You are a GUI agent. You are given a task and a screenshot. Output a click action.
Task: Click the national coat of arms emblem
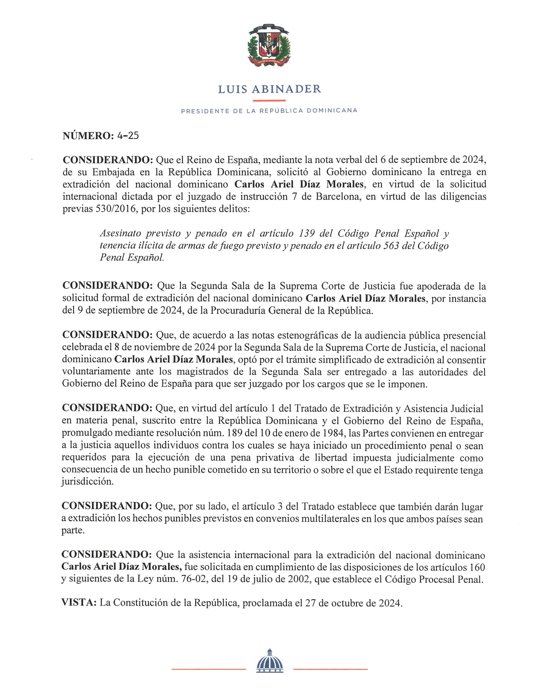269,45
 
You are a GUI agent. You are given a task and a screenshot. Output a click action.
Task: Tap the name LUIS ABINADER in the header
269,89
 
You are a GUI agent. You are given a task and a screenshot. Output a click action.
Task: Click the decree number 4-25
128,136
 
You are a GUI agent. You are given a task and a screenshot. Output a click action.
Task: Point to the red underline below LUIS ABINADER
269,100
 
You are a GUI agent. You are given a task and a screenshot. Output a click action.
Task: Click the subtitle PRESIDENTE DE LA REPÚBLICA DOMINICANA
269,111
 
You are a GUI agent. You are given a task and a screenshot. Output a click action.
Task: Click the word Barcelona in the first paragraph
337,196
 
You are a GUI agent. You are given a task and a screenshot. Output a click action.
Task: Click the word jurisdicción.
88,482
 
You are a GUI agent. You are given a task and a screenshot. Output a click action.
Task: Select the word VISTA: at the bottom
79,603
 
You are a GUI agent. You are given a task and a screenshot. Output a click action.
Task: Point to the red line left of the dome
208,669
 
